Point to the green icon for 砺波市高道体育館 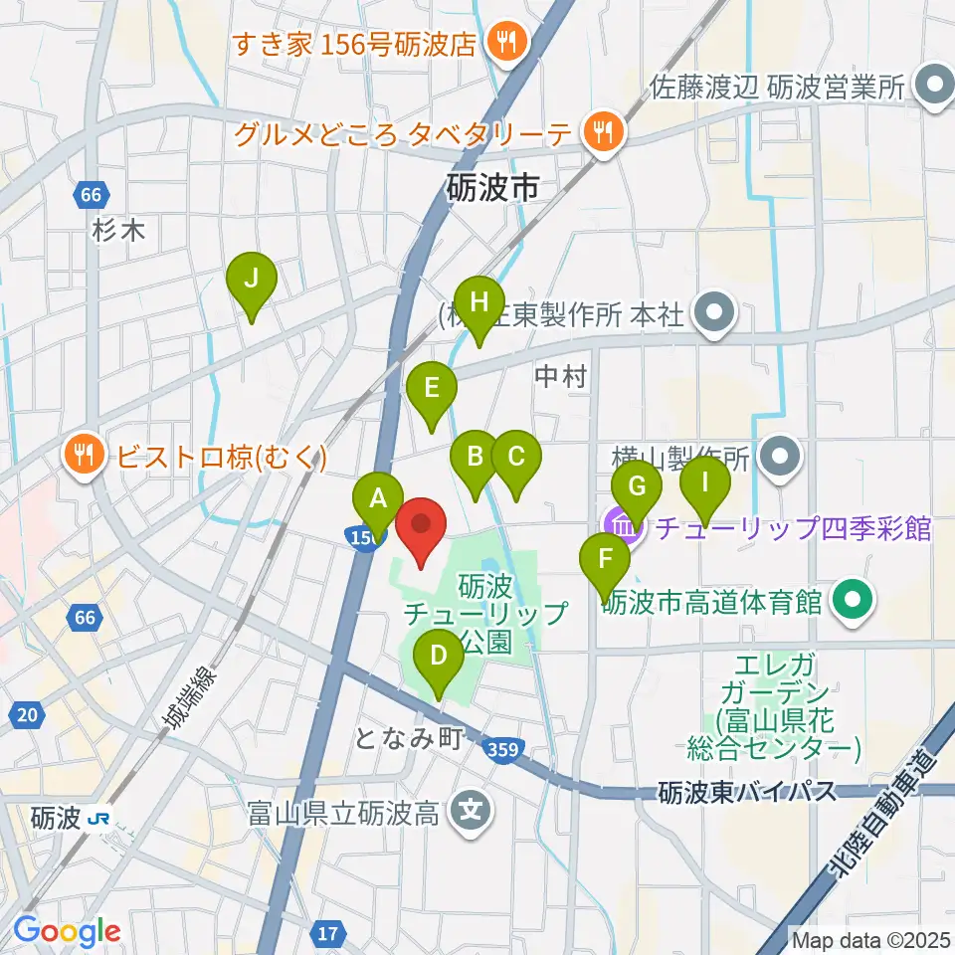[852, 601]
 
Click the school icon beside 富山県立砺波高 [472, 814]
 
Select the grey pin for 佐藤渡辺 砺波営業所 [933, 87]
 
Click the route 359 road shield [503, 750]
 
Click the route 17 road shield [329, 933]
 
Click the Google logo [67, 931]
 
